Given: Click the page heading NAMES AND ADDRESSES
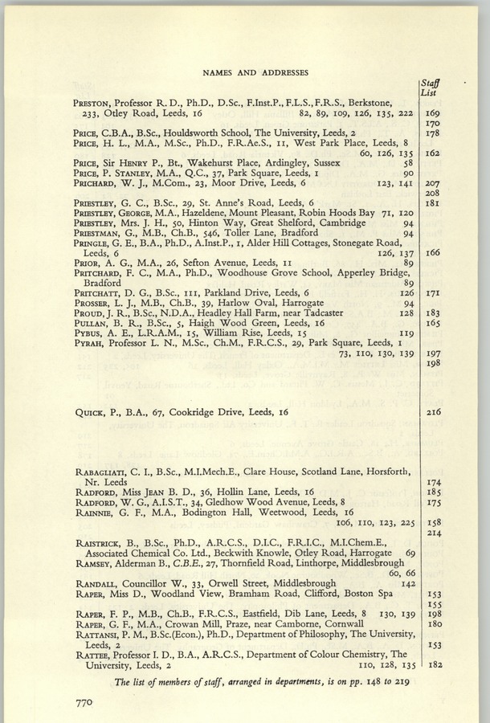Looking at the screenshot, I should coord(256,72).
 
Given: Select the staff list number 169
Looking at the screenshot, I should coord(433,113).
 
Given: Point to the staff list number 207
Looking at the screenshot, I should coord(433,183).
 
